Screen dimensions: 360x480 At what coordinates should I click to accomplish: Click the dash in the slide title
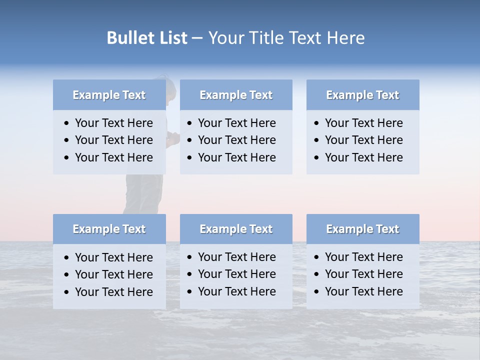(x=197, y=38)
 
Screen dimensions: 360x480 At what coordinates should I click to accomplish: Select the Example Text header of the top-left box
(x=109, y=95)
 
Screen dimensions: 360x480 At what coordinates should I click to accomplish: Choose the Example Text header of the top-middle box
(x=236, y=95)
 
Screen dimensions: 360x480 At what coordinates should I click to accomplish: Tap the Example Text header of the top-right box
(x=362, y=95)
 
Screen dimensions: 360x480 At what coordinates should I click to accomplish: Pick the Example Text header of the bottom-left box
(x=109, y=229)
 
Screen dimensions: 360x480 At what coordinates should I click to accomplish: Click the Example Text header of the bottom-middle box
(x=236, y=229)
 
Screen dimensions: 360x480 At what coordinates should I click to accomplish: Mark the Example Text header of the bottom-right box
(x=362, y=229)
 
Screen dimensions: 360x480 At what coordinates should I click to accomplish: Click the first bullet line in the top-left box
(x=113, y=123)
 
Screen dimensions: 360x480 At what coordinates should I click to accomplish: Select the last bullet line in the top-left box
(x=113, y=157)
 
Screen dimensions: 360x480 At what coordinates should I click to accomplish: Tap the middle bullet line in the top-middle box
(x=236, y=140)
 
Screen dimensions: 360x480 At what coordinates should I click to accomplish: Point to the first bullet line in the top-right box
(x=363, y=123)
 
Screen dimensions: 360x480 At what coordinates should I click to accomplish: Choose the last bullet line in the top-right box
(x=363, y=157)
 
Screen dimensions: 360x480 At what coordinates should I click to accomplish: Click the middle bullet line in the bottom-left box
(x=113, y=274)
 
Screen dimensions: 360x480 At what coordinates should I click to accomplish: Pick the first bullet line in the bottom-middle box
(x=236, y=257)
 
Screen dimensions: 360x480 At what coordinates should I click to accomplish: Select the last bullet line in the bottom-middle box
(x=236, y=291)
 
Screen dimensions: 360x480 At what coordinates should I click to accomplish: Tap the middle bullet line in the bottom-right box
(x=363, y=274)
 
